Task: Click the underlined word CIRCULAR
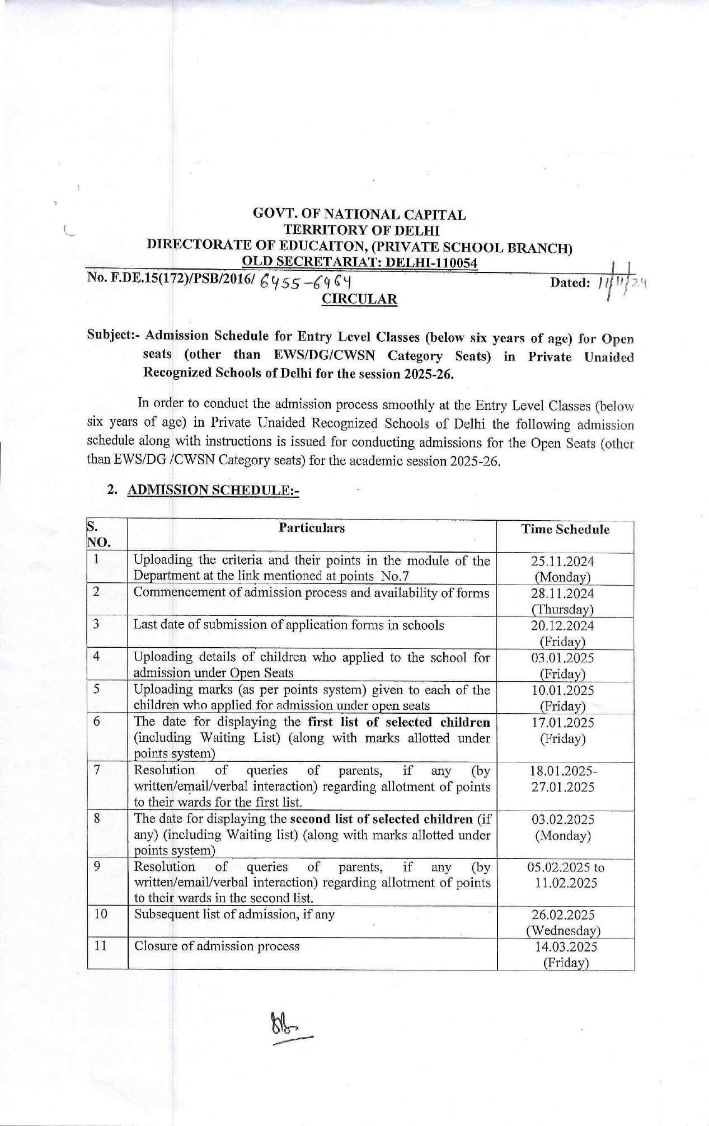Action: pos(359,299)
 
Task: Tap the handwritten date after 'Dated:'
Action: pos(621,282)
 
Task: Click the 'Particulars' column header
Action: pos(312,528)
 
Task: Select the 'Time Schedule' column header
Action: pos(565,530)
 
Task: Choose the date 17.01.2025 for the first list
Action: pos(562,723)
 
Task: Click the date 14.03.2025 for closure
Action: pos(565,947)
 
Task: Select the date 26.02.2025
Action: pos(563,915)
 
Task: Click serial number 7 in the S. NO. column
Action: pos(97,770)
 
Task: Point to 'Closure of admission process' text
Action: pos(217,946)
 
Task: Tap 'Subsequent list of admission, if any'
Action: pos(234,915)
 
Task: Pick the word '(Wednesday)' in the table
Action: pos(563,931)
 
